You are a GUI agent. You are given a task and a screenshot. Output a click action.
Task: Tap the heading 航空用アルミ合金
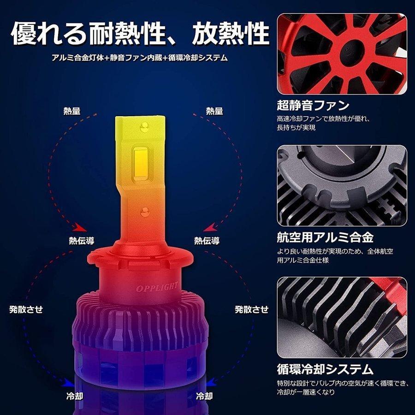(325, 237)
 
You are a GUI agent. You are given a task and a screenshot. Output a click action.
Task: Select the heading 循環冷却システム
(325, 369)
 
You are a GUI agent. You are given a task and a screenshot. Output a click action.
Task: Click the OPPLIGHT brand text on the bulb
(157, 286)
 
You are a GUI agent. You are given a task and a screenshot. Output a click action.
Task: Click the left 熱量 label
(72, 111)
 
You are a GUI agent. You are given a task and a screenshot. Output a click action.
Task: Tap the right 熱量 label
(214, 111)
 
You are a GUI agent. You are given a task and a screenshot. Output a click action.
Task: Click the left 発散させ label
(26, 309)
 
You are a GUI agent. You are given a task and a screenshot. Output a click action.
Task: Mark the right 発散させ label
(251, 309)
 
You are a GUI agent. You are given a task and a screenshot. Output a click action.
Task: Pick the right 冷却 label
(204, 396)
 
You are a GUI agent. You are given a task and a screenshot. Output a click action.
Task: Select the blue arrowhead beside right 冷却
(211, 381)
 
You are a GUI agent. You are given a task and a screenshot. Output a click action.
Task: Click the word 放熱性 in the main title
(231, 33)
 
